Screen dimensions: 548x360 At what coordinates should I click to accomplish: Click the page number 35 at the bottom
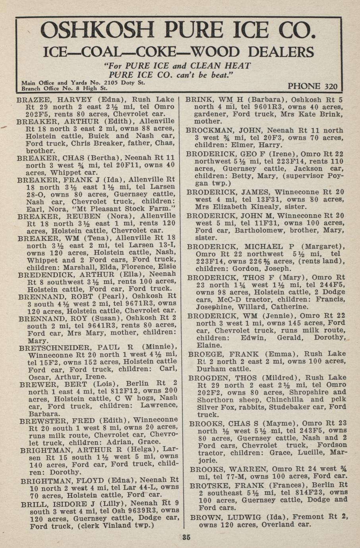point(186,538)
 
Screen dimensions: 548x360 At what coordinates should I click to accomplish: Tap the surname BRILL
point(32,504)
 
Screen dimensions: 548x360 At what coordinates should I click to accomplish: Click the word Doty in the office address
point(126,83)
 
